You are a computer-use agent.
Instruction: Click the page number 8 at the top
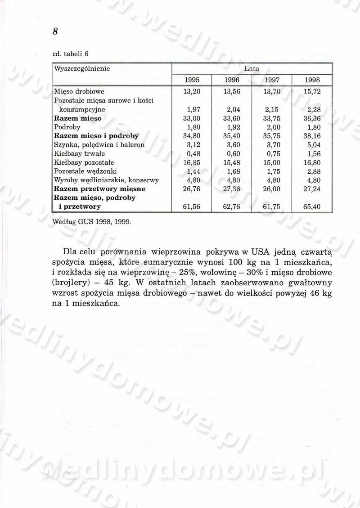coord(55,31)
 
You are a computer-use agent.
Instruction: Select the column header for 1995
coord(192,80)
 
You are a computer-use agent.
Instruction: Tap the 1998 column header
coord(312,80)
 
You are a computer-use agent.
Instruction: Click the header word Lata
coord(252,69)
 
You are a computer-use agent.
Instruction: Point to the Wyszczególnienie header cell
coord(82,69)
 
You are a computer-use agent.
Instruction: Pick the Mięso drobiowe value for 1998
coord(312,92)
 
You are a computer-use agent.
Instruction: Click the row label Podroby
coord(67,127)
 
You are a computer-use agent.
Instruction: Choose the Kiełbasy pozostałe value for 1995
coord(192,162)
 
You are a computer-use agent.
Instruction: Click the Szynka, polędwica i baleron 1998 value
coord(312,145)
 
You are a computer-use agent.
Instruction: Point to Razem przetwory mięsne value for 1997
coord(272,189)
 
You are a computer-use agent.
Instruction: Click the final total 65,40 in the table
coord(312,207)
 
